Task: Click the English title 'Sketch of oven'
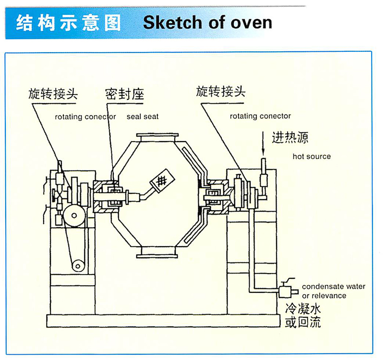point(207,22)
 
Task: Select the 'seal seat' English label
point(143,117)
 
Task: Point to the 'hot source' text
point(312,156)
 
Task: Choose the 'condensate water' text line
point(333,287)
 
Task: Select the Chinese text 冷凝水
point(303,308)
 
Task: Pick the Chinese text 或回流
point(303,321)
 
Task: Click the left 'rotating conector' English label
point(85,117)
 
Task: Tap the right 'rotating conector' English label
point(260,117)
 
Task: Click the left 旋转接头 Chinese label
point(52,94)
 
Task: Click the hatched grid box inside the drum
point(162,180)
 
